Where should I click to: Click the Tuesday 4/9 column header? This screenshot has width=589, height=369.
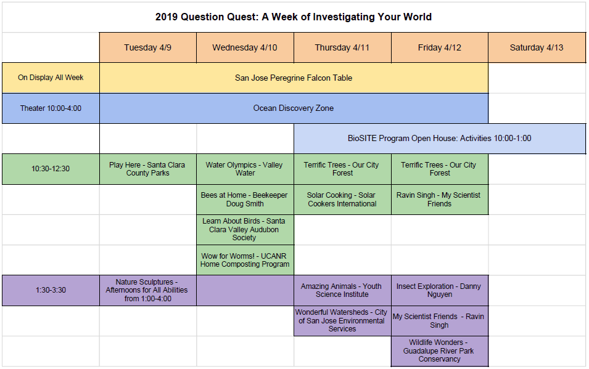click(x=147, y=47)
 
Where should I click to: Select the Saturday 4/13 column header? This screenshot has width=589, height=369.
click(x=537, y=47)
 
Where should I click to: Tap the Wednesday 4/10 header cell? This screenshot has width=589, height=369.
click(x=245, y=47)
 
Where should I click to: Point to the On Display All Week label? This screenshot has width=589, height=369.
click(x=51, y=78)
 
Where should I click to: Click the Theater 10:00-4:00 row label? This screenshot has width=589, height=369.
click(x=51, y=108)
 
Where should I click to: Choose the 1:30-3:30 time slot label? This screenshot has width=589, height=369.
click(x=51, y=290)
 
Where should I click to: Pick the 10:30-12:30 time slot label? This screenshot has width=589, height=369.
click(x=51, y=169)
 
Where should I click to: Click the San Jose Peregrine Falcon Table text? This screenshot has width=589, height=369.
click(x=294, y=78)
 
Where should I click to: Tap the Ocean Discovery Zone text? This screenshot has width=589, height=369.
click(x=294, y=108)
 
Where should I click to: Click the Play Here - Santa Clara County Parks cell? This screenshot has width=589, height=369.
click(x=147, y=169)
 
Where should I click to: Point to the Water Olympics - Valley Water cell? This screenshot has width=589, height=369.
click(x=245, y=169)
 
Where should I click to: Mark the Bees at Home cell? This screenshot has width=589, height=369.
click(x=245, y=200)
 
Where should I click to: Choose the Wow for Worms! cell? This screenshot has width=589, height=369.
click(x=245, y=260)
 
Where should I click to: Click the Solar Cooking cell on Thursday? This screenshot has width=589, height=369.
click(x=342, y=200)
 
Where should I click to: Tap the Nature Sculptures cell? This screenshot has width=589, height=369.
click(x=147, y=290)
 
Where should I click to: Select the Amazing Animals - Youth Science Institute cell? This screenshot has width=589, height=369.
click(x=342, y=290)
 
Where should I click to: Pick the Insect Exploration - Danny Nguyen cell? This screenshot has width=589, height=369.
click(x=440, y=290)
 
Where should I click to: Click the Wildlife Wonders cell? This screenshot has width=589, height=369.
click(x=440, y=351)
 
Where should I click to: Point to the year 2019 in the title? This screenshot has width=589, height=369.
click(x=167, y=17)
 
